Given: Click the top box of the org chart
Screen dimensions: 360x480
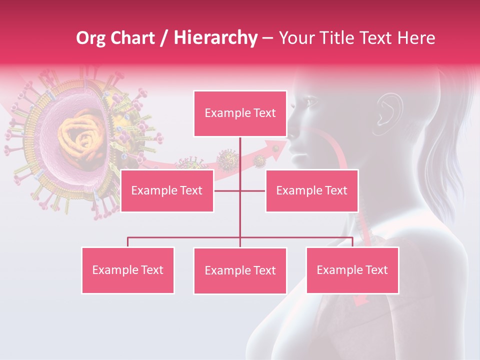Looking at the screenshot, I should click(x=240, y=113).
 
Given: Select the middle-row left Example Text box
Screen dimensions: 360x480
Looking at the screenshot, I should click(x=167, y=190).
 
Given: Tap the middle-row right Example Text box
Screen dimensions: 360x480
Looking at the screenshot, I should click(x=311, y=190).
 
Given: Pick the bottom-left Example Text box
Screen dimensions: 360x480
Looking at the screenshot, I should click(x=128, y=270).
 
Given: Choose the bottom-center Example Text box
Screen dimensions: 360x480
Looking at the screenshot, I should click(x=240, y=270).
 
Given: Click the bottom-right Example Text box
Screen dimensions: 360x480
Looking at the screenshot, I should click(x=352, y=270).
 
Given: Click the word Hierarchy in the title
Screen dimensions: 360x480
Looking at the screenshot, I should click(x=215, y=37).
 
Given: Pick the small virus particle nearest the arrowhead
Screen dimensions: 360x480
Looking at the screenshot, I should click(x=259, y=160).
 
